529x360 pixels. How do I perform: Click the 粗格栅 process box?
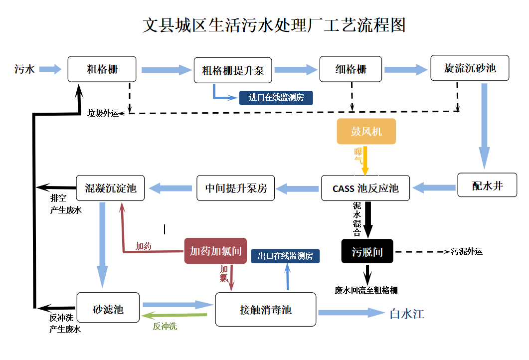[x=102, y=69]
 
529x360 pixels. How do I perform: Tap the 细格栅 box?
[x=351, y=69]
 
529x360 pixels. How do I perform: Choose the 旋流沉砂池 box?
[x=470, y=68]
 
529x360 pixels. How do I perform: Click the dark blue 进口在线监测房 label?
[x=276, y=98]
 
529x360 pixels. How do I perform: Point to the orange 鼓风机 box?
[x=366, y=132]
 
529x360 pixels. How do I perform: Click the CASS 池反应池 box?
[x=365, y=188]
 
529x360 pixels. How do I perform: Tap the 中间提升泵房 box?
[x=236, y=188]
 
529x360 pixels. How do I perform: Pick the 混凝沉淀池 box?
[x=110, y=188]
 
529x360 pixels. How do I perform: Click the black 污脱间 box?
[x=367, y=251]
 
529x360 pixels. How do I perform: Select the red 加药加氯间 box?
[x=215, y=251]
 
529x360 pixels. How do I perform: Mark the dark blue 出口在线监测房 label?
[x=285, y=256]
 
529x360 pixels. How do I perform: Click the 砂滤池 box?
[x=108, y=309]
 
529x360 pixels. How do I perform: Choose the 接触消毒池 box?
[x=265, y=310]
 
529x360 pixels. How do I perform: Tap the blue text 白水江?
[x=407, y=314]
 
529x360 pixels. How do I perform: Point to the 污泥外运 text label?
[x=467, y=252]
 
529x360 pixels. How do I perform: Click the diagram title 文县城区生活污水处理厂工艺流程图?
[x=274, y=25]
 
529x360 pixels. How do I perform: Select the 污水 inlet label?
[x=24, y=69]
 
